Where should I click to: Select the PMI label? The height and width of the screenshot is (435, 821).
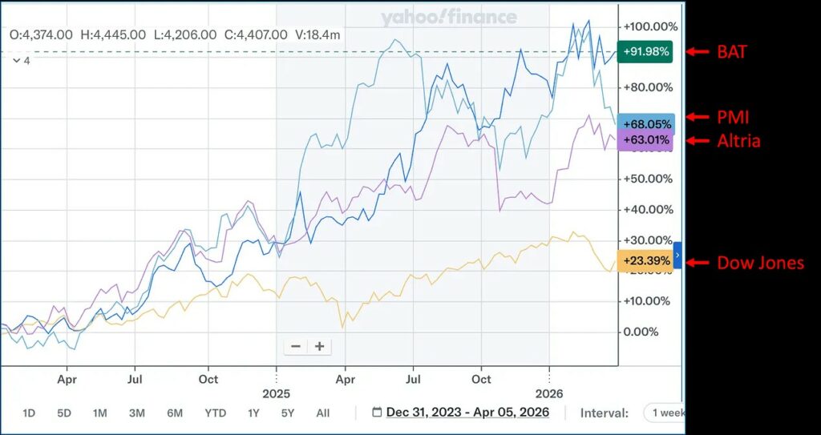[733, 117]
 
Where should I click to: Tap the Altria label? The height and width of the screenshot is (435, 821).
[738, 141]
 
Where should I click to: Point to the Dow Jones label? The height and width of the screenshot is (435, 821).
[760, 263]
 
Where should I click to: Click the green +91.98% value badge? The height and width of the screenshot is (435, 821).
[646, 53]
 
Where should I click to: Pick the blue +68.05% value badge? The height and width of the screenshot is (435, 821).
[646, 124]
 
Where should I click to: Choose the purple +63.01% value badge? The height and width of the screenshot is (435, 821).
[646, 142]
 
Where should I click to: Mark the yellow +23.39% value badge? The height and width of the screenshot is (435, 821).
[646, 261]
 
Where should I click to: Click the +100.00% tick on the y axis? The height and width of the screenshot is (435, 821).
[650, 25]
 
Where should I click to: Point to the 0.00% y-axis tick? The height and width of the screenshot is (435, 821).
[641, 332]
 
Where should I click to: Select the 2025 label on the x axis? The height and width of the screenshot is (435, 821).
[276, 393]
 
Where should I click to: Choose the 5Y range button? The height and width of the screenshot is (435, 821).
[288, 413]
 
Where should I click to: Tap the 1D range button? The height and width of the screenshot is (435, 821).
[29, 413]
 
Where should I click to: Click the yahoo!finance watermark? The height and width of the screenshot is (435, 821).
[448, 18]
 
